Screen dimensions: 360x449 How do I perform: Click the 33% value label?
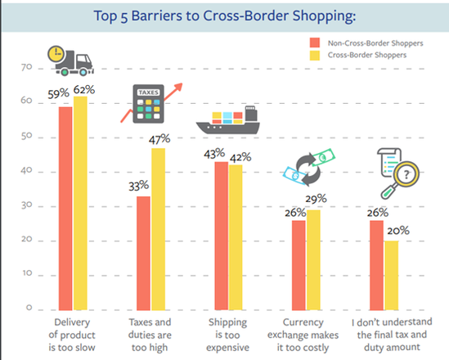(140, 186)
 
